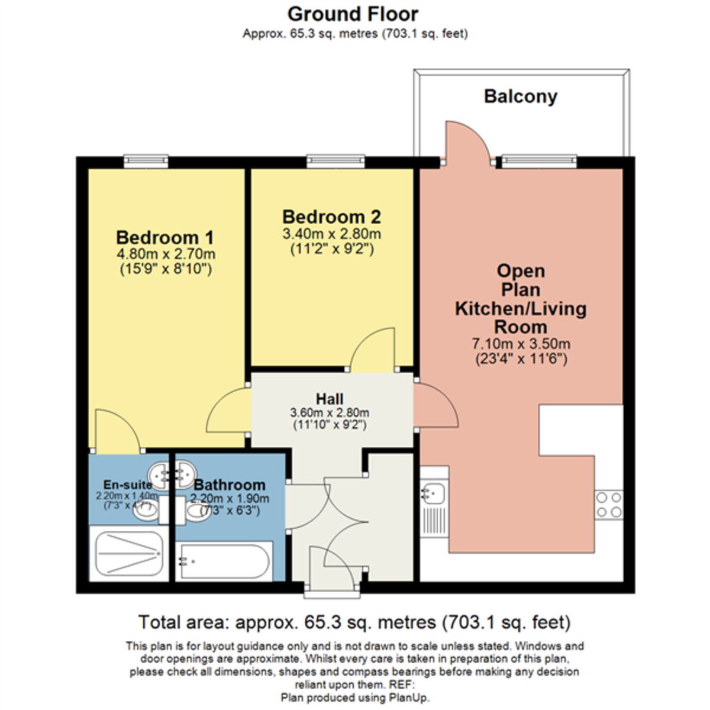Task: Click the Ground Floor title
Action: (353, 14)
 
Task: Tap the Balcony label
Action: (520, 96)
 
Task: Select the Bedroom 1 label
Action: (164, 237)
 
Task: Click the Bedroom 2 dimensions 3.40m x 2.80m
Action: (331, 234)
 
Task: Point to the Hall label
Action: (330, 399)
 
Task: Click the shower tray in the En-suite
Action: (127, 553)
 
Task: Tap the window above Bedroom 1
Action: (146, 160)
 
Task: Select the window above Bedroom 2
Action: (335, 160)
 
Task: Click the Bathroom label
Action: (230, 485)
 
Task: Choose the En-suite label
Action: (127, 485)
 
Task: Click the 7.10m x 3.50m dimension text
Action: (521, 344)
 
